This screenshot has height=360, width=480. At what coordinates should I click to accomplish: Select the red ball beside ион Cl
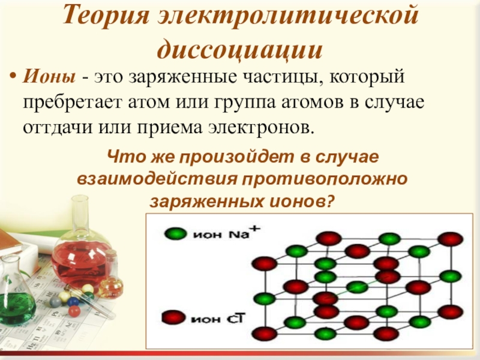175,316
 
